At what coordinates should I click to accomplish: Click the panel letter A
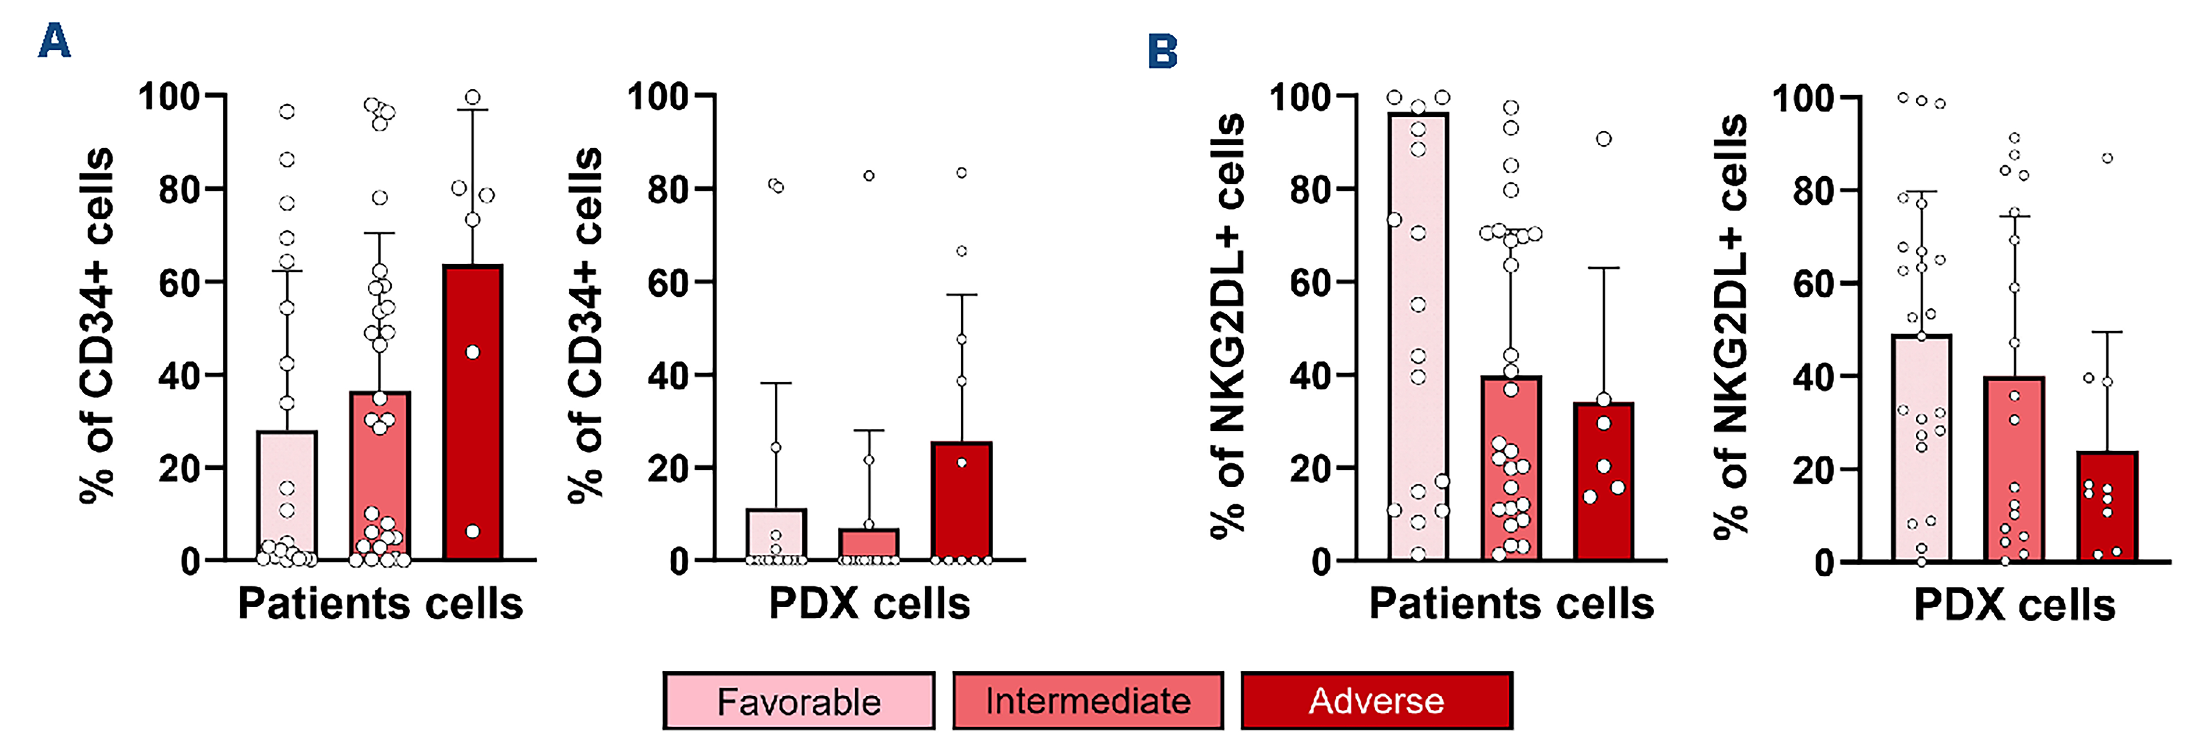pos(54,41)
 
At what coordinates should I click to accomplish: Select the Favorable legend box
pos(799,701)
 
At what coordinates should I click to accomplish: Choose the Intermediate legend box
pos(1088,701)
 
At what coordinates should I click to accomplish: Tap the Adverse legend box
pos(1376,701)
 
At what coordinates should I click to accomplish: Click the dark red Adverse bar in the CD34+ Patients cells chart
pos(473,425)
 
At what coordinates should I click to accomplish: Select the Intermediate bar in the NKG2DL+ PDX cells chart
pos(2014,477)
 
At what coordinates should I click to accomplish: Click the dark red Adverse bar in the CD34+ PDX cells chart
pos(961,510)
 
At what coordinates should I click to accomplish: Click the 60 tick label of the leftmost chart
pos(179,282)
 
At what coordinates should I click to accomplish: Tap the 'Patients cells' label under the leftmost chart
pos(380,604)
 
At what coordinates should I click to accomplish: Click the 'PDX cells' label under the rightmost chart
pos(2014,606)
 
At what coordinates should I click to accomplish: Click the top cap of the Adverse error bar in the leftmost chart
pos(473,110)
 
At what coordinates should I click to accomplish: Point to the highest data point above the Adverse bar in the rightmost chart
pos(2107,158)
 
